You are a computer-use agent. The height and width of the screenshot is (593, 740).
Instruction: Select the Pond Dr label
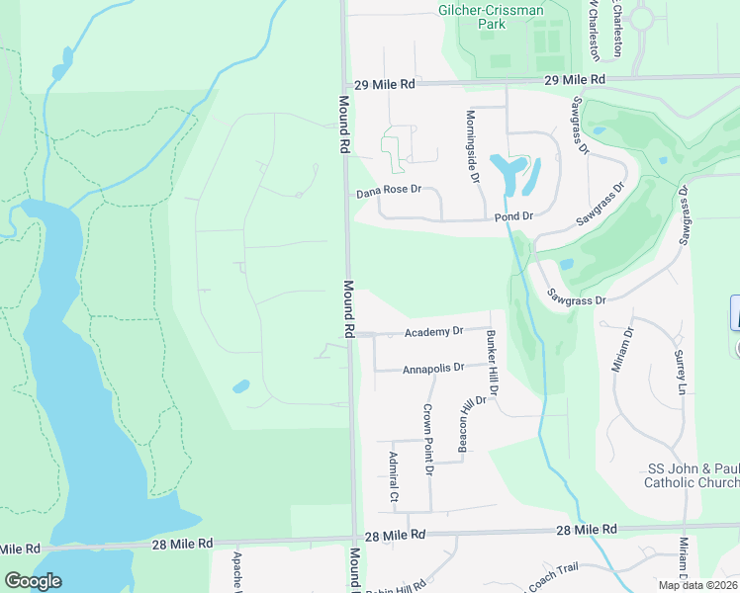[513, 215]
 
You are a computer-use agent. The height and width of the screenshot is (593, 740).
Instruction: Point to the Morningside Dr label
[473, 145]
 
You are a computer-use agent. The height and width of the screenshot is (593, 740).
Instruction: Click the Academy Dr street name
[434, 332]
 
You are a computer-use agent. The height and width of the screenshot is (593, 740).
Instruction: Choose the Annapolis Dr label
[433, 369]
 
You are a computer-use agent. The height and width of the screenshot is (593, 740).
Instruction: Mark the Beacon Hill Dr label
[471, 424]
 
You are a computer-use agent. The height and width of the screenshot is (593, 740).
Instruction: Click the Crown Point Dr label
[428, 440]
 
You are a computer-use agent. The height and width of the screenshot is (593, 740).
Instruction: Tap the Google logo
[33, 581]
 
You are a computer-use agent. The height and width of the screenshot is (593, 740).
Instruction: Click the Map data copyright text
[697, 585]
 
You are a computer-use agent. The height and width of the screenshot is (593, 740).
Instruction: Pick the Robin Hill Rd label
[398, 588]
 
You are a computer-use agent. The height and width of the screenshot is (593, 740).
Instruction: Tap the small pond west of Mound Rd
[241, 386]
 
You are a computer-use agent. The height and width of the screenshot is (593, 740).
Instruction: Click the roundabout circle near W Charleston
[642, 18]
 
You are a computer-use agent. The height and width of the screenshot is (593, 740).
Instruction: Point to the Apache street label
[238, 571]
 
